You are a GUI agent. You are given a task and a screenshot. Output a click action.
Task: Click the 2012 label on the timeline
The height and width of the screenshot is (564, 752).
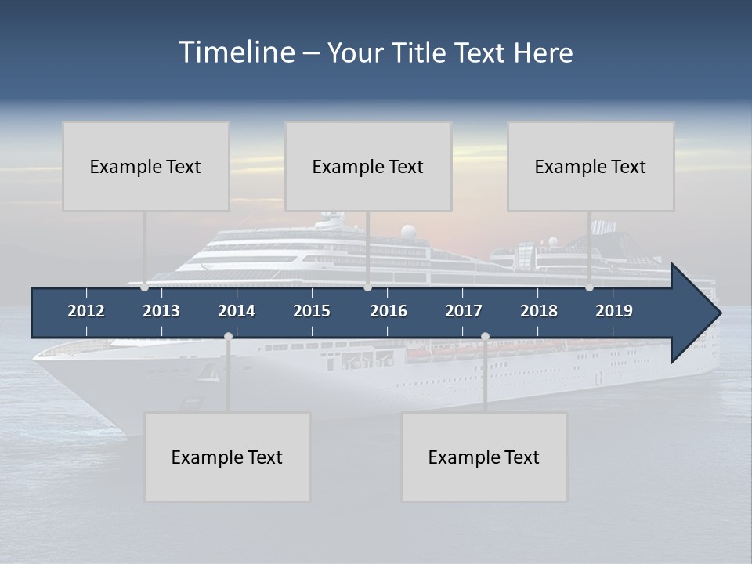(86, 311)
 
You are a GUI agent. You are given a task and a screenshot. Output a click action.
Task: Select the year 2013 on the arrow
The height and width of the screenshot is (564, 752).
(161, 311)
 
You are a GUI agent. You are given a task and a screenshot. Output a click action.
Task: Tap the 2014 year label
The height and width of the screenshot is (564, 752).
(237, 311)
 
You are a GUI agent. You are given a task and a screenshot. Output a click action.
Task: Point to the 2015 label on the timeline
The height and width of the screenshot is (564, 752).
(312, 311)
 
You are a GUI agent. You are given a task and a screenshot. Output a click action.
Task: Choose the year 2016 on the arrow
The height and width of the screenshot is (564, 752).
(389, 311)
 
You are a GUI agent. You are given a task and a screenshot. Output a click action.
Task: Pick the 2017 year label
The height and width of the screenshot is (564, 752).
(464, 311)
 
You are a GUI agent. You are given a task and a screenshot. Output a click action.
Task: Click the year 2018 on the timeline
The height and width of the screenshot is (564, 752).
(539, 311)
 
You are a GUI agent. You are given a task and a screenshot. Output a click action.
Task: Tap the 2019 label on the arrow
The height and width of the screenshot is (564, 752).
(614, 311)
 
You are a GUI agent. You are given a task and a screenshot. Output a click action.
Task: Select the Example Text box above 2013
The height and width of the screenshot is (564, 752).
(146, 166)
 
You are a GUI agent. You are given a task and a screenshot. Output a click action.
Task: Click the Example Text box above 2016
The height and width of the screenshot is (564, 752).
(368, 166)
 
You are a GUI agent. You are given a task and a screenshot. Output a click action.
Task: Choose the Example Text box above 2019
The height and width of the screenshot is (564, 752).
(591, 166)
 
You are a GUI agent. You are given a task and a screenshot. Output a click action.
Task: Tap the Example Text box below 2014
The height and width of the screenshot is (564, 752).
(227, 457)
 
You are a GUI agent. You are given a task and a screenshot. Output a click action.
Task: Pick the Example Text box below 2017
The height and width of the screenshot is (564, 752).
(484, 457)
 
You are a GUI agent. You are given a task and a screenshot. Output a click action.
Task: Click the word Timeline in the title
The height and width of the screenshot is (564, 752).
(236, 52)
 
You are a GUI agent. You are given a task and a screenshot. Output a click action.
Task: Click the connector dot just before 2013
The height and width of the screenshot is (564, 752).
(144, 287)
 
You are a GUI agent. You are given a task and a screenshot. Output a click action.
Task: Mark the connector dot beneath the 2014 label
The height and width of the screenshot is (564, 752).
(228, 336)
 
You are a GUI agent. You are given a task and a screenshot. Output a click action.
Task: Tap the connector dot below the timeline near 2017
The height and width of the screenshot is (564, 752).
(485, 336)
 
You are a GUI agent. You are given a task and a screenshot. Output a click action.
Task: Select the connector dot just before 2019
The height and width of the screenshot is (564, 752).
(589, 287)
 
